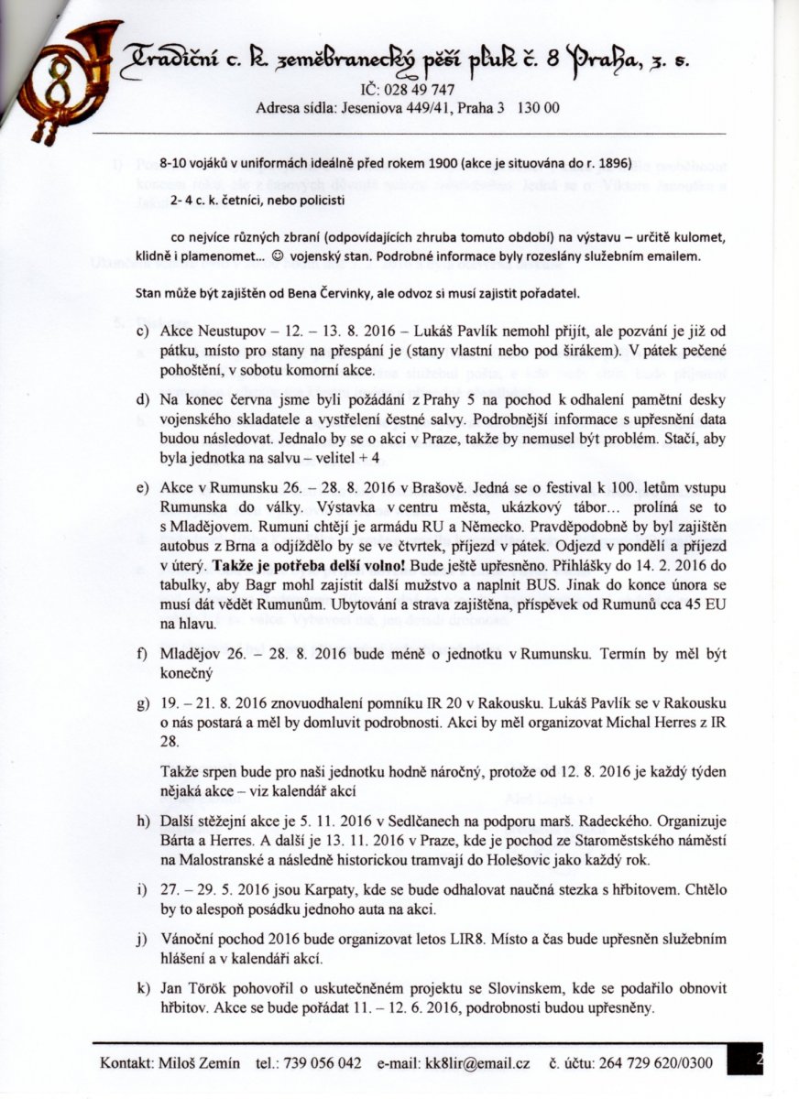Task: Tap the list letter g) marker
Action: [x=143, y=702]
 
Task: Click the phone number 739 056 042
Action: [x=322, y=1063]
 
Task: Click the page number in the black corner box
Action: [x=760, y=1060]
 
